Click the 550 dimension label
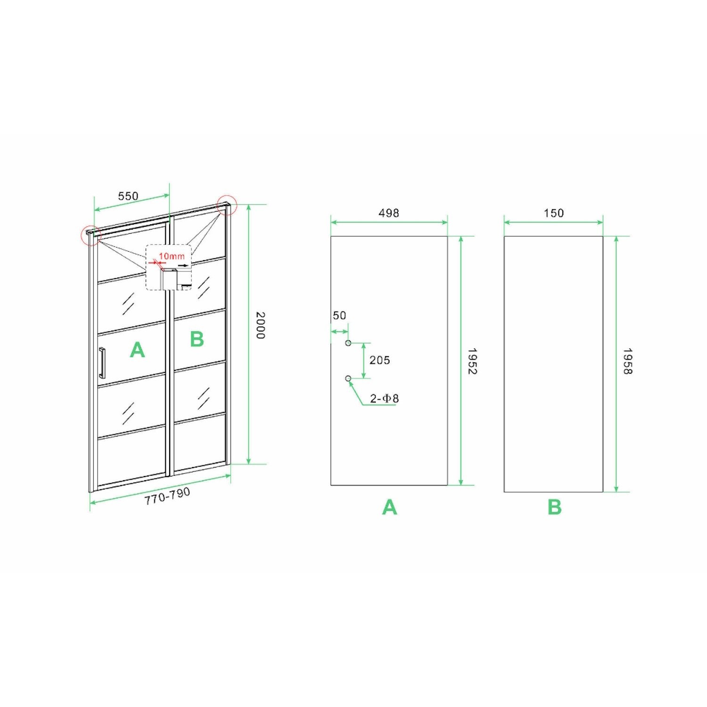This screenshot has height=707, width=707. click(128, 196)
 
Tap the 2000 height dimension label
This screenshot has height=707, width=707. click(260, 325)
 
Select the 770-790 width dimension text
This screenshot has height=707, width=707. click(167, 496)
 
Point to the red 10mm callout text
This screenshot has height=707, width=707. click(172, 256)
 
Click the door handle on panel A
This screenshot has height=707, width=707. click(102, 363)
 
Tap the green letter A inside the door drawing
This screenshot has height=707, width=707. click(137, 350)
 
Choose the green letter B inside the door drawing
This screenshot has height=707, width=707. click(197, 339)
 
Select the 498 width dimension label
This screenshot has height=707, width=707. click(389, 213)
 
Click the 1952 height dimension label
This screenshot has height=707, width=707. click(472, 362)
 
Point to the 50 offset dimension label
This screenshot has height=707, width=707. click(339, 315)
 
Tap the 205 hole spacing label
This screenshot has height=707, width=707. click(379, 361)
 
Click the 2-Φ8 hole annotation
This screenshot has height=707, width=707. click(384, 399)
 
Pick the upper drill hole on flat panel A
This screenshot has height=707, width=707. click(348, 343)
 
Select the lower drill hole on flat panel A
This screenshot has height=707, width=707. click(348, 378)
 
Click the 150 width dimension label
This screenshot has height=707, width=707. click(554, 213)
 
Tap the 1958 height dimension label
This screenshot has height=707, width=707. click(627, 362)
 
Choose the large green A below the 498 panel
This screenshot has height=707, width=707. click(389, 507)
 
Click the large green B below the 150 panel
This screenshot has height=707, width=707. click(555, 507)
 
